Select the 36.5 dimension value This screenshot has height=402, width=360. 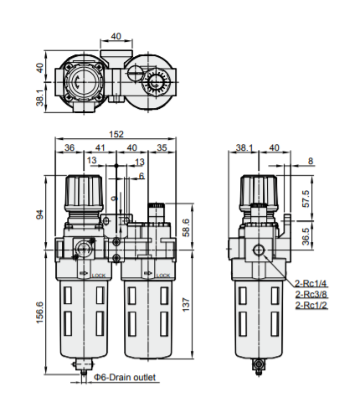[306, 236]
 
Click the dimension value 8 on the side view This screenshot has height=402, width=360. [310, 161]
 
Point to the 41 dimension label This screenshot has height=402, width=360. [100, 148]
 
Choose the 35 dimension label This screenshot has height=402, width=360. [161, 148]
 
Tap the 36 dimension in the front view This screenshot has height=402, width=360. [69, 148]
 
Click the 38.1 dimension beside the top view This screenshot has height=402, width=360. [39, 99]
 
